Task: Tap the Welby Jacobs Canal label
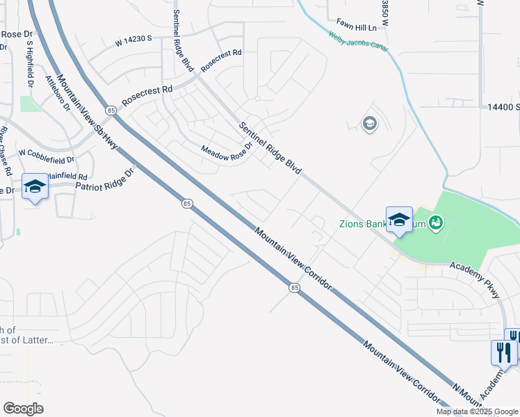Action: click(358, 42)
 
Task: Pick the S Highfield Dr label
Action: click(30, 63)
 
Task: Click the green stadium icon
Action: click(436, 222)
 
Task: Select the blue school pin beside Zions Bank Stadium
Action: click(400, 220)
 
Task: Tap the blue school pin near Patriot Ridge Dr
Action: click(35, 186)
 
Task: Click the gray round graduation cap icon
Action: click(369, 124)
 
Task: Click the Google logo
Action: click(23, 409)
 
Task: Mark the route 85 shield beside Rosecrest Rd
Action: click(111, 110)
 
